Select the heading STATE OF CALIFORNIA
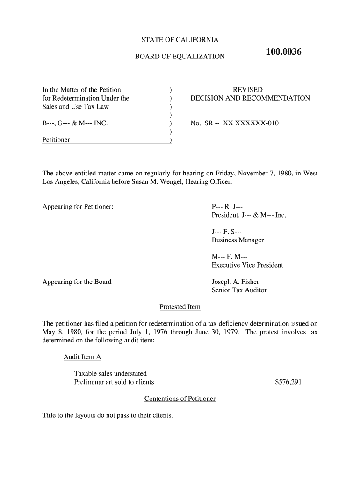coord(180,40)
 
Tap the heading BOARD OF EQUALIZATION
coord(180,57)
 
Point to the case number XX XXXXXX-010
coord(251,123)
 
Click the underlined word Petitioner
coord(56,140)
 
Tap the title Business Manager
coord(238,240)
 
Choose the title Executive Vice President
coord(247,265)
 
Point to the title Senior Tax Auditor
coord(239,290)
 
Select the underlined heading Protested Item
coord(180,307)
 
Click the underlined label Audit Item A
coord(82,357)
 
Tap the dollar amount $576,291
coord(288,382)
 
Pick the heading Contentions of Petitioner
coord(180,399)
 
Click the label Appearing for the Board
coord(77,282)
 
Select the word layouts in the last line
coord(87,415)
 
